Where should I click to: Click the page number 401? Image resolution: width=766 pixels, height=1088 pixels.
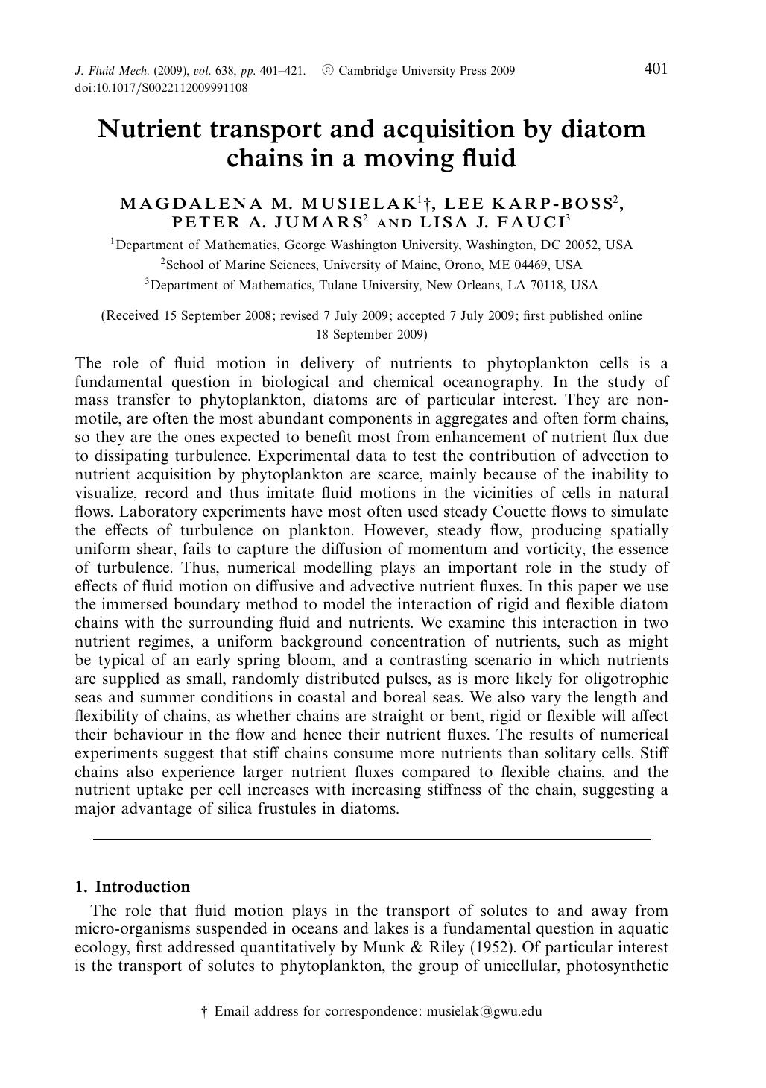click(655, 69)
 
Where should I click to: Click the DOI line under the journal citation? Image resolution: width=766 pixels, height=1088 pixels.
click(161, 87)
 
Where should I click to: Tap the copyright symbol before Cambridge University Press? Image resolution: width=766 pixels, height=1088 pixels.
click(327, 71)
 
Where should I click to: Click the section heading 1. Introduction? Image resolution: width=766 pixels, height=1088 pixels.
click(133, 887)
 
